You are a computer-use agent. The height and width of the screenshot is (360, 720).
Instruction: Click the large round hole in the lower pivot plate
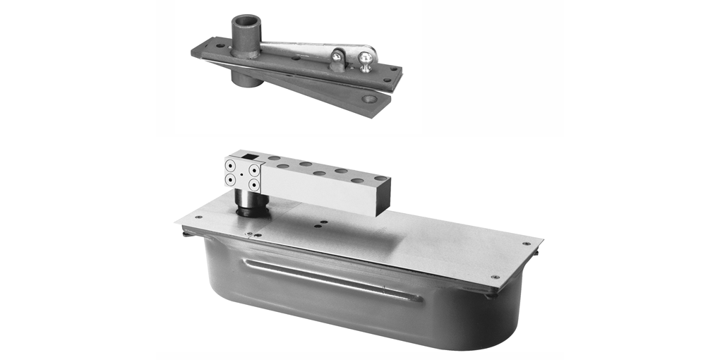point(368,100)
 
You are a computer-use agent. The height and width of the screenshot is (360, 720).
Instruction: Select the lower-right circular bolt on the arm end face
point(252,184)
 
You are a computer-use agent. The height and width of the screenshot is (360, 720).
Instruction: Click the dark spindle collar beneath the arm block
point(248,206)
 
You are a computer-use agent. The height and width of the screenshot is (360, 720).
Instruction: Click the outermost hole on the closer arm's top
point(379,179)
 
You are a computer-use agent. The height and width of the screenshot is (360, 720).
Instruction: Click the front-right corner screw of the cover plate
point(494,277)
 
